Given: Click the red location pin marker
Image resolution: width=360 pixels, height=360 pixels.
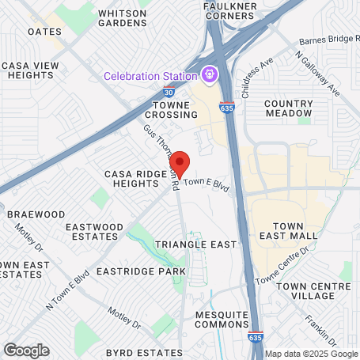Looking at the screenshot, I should click(180, 163).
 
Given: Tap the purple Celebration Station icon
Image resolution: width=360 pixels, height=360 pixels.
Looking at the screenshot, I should click(210, 76).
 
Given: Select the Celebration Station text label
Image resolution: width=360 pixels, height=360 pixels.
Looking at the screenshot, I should click(150, 77).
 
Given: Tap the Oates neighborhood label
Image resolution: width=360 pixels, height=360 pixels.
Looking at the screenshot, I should click(44, 32).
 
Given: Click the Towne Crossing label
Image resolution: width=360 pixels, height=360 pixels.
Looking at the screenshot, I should click(172, 110).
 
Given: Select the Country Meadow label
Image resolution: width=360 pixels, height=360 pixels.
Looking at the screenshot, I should click(289, 108).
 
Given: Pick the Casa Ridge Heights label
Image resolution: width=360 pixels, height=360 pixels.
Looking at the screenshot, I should click(131, 178).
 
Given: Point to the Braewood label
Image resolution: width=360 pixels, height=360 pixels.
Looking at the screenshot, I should click(36, 214).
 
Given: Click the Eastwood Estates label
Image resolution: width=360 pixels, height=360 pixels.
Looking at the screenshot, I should click(94, 232).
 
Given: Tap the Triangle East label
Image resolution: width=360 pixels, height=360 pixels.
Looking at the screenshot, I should click(196, 244).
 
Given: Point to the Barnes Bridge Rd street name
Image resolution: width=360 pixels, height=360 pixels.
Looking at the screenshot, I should click(329, 40).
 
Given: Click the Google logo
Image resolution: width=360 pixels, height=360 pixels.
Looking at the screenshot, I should click(26, 350).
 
